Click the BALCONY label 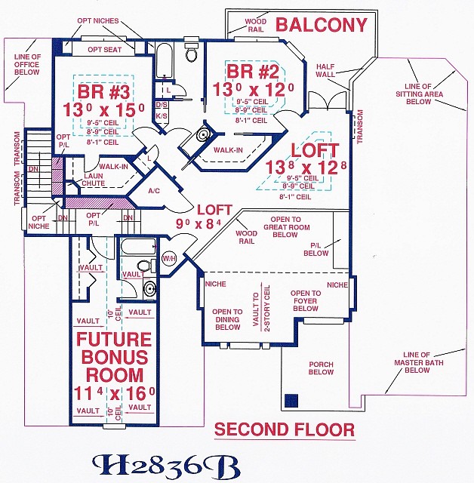[322, 25]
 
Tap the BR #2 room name [253, 72]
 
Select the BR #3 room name [104, 91]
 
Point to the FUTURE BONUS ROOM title [115, 357]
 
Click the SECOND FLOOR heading [285, 429]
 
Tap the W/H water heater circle [169, 258]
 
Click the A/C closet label [154, 191]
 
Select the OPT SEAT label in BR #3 [105, 50]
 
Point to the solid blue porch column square [291, 401]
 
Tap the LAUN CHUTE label [93, 180]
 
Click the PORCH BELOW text [321, 368]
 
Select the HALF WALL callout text [325, 70]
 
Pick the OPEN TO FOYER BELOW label [306, 300]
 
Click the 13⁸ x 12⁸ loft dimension [306, 168]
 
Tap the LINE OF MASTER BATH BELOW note [419, 362]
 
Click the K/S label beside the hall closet [162, 116]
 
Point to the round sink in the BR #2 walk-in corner [203, 134]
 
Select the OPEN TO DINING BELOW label [227, 319]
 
